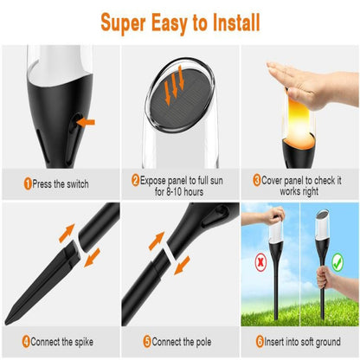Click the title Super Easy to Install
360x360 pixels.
[x=179, y=22]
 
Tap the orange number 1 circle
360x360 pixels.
[x=28, y=183]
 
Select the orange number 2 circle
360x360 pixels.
[x=136, y=180]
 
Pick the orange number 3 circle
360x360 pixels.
[x=257, y=180]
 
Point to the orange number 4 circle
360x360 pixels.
[x=27, y=341]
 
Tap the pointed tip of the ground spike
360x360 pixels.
[x=9, y=322]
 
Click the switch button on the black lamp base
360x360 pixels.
[x=72, y=122]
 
